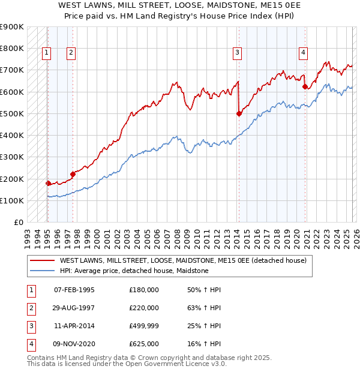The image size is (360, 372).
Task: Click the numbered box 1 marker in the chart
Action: pos(46,53)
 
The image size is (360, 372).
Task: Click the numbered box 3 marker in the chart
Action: pos(237,53)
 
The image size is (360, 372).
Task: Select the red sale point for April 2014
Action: pos(239,113)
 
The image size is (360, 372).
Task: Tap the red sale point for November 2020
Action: pos(305,86)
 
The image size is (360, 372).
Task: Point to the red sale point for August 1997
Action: pos(73,174)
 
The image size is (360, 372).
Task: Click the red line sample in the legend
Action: pos(41,260)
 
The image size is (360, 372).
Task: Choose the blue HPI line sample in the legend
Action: pos(41,271)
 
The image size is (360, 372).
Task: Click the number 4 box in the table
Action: pos(30,344)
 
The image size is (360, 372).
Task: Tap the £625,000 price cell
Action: pos(144,344)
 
